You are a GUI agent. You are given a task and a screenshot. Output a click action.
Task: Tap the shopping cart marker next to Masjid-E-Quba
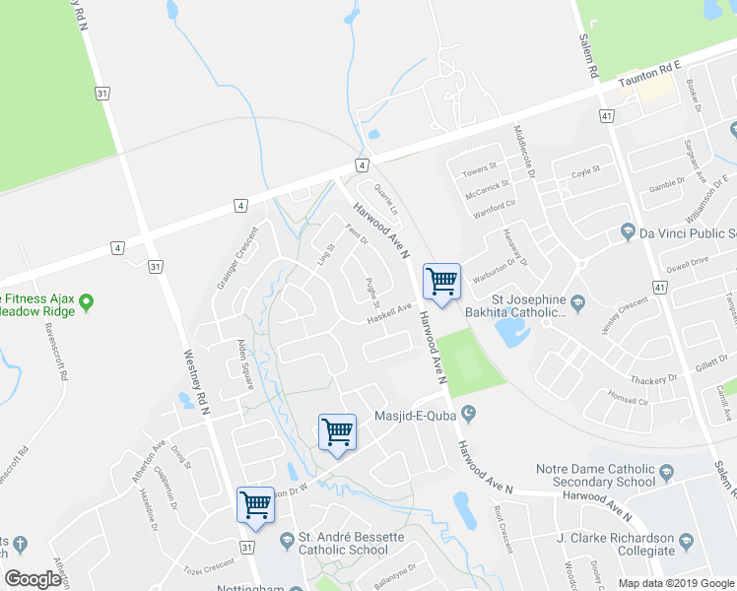337,431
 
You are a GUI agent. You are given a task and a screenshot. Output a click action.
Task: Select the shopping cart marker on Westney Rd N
256,504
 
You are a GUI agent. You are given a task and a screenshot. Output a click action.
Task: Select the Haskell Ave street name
389,311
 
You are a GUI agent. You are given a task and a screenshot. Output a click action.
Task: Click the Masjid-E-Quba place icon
468,414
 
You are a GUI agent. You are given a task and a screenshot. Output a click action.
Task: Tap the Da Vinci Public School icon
627,232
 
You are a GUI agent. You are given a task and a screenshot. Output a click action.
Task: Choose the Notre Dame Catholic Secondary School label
595,476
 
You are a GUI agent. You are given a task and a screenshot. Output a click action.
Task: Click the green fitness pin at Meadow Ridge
86,301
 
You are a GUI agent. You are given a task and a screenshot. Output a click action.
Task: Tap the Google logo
33,579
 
